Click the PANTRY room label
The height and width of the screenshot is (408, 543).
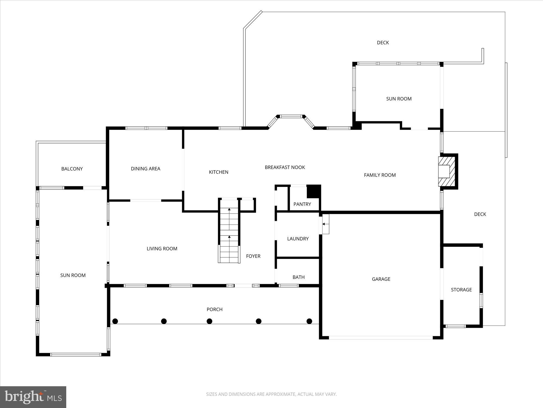click(x=302, y=204)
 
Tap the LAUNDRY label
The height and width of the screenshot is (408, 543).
click(x=298, y=239)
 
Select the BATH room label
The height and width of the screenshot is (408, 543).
click(x=298, y=277)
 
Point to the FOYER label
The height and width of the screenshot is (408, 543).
click(x=253, y=256)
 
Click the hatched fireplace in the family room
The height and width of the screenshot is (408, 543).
click(x=447, y=171)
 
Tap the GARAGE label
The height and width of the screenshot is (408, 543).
click(x=381, y=279)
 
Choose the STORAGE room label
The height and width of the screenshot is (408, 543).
click(x=461, y=290)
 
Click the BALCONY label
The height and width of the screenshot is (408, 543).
click(x=72, y=169)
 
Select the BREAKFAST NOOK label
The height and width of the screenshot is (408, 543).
click(x=285, y=168)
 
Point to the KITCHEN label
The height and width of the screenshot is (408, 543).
click(x=219, y=172)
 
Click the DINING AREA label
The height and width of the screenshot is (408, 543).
click(x=146, y=169)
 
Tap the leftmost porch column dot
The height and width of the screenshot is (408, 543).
click(x=115, y=321)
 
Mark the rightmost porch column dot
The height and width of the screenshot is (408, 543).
click(x=309, y=321)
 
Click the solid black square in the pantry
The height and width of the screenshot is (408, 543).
click(x=314, y=191)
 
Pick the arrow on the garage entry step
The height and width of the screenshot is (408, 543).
click(x=324, y=224)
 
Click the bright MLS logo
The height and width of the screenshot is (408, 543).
click(x=33, y=397)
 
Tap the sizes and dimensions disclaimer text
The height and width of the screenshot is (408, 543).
click(x=271, y=394)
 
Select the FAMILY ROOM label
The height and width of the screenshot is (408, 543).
click(x=380, y=175)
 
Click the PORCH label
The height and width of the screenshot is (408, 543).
click(x=214, y=310)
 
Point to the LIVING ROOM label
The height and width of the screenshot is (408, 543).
click(x=162, y=249)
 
